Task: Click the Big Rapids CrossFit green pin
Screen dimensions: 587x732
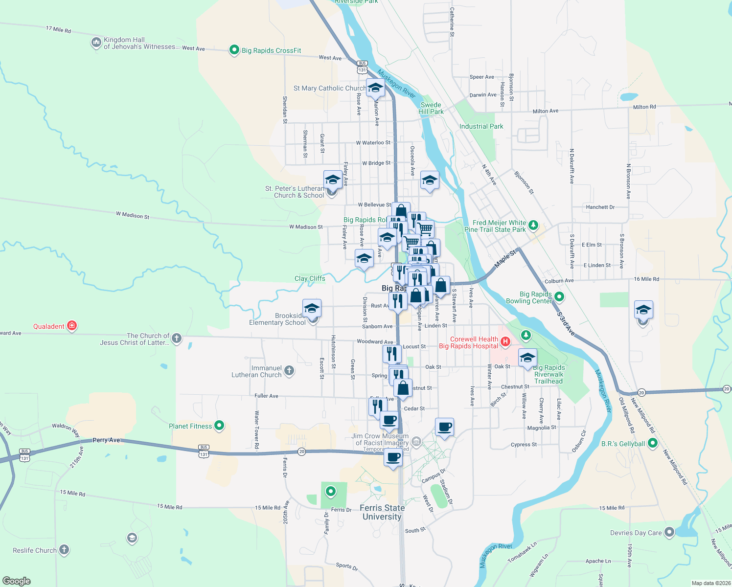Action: tap(234, 50)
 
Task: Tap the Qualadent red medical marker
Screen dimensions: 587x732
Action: tap(72, 326)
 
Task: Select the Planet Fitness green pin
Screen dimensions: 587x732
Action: tap(219, 426)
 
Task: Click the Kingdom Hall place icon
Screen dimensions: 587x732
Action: tap(96, 43)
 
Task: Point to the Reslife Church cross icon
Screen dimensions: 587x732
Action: tap(64, 550)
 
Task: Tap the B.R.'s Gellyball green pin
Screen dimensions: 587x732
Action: tap(652, 443)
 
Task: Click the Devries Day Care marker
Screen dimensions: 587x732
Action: tap(669, 532)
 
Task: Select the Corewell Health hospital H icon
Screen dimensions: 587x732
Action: tap(505, 342)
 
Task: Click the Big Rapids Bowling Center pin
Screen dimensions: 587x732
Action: tap(559, 296)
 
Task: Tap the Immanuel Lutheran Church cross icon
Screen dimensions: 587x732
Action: tap(289, 371)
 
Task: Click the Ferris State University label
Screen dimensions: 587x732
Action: tap(382, 512)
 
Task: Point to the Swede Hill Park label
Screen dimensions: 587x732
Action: tap(431, 108)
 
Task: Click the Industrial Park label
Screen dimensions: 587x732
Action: tap(481, 126)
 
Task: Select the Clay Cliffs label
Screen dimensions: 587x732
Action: tap(310, 278)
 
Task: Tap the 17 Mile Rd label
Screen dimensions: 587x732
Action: tap(58, 29)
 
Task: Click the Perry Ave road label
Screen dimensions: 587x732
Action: tap(106, 440)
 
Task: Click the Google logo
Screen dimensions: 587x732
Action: tap(16, 581)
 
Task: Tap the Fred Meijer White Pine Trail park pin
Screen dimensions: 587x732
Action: tap(533, 226)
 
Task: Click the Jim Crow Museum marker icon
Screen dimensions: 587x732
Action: tap(416, 442)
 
